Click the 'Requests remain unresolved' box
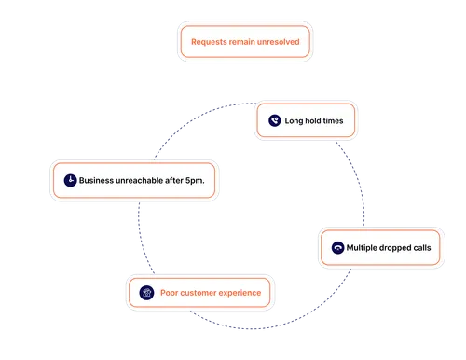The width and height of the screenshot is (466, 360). coord(243,42)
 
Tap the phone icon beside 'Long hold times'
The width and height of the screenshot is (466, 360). coord(274,120)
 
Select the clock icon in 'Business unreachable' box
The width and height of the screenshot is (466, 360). coord(69,180)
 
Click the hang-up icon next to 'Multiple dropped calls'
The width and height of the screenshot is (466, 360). coord(336,248)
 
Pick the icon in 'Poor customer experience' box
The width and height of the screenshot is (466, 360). coord(145,293)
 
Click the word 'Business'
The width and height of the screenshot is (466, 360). coord(99,180)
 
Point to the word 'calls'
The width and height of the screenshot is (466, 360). coord(426,248)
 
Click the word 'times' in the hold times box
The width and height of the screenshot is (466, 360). coord(339,120)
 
